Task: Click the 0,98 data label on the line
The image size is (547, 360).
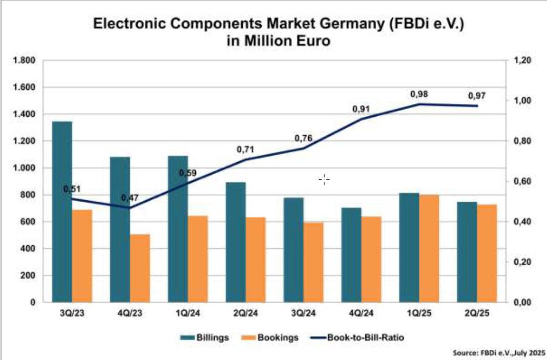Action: [419, 94]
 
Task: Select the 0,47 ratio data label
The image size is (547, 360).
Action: [130, 198]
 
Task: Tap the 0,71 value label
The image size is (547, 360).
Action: [245, 150]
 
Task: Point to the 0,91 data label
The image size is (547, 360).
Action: [361, 109]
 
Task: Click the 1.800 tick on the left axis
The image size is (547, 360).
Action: [24, 60]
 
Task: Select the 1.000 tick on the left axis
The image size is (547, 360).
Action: [24, 168]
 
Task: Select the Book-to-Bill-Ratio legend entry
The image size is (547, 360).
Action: [363, 337]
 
